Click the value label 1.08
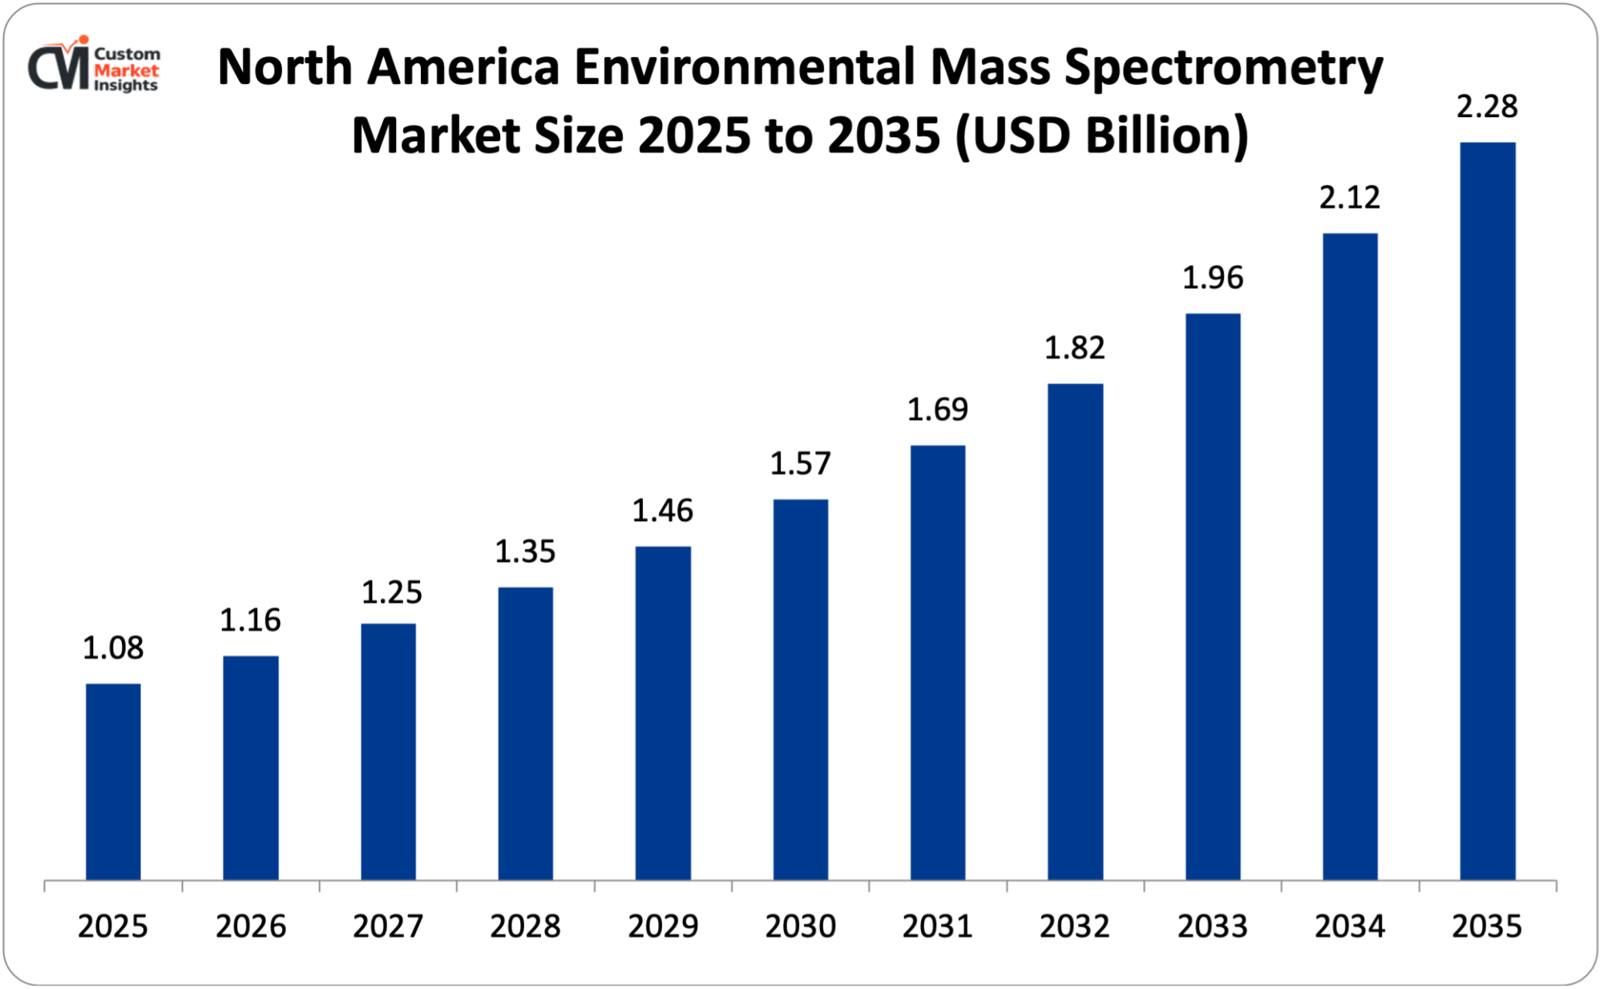[113, 648]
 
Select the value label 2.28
[1487, 107]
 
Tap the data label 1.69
[938, 410]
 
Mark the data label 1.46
[663, 511]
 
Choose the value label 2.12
[1350, 197]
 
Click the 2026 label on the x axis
[251, 926]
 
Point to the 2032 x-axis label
[1075, 926]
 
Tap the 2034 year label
[1350, 926]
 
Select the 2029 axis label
[663, 926]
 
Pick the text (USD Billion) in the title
[1102, 135]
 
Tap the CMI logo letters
[59, 68]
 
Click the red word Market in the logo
[126, 71]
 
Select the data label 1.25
[391, 592]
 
